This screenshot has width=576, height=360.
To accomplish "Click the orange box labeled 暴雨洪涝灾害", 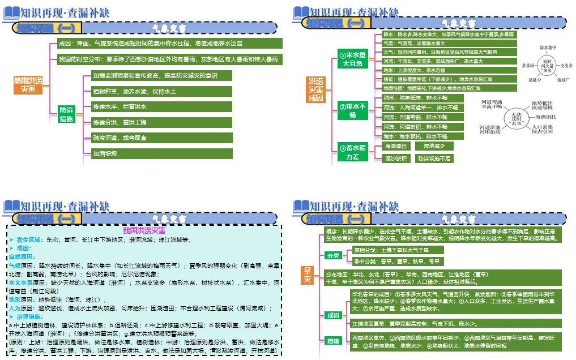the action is point(28,85).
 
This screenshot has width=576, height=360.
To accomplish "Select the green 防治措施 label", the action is point(66,114).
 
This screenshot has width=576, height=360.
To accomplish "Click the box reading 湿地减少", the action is point(434,146).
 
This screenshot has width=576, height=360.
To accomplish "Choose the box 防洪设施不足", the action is point(434,158).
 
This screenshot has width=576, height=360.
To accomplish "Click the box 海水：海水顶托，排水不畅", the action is point(420,136).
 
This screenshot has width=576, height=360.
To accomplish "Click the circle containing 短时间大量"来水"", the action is point(547,65).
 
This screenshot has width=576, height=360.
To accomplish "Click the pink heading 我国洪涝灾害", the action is point(144,230).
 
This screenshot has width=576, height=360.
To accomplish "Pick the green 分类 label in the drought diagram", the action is point(332,255).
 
